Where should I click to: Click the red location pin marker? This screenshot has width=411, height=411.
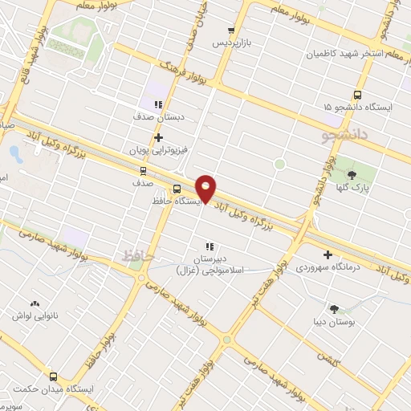(206, 188)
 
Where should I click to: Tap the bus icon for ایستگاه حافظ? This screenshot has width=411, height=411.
(177, 190)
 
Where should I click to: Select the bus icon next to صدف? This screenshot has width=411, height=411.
(143, 170)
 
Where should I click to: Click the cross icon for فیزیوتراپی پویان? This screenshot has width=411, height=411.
(158, 137)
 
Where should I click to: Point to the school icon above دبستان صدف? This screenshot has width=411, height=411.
(158, 104)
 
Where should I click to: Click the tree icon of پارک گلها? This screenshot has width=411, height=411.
(351, 173)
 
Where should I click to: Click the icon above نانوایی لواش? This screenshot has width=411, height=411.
(34, 304)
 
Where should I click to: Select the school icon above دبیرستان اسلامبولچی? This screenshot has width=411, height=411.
(209, 246)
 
